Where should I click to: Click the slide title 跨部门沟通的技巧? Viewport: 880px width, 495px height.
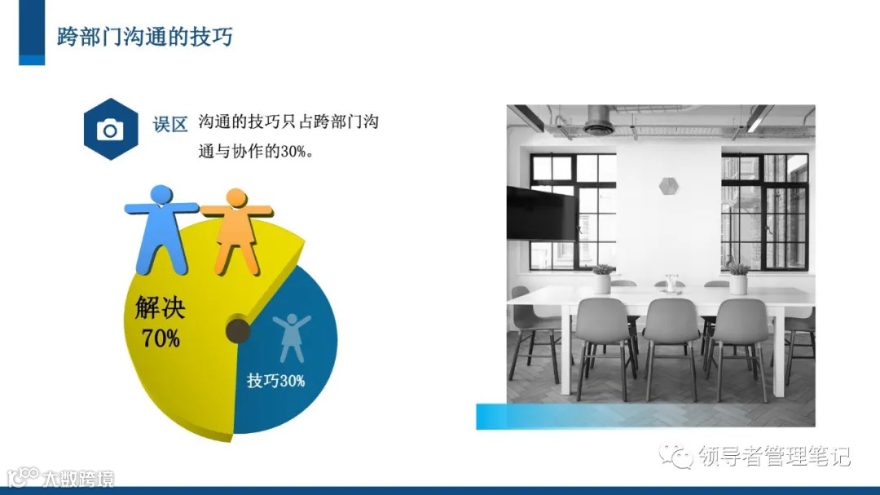(x=144, y=38)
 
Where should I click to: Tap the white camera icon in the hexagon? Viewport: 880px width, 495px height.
(x=110, y=130)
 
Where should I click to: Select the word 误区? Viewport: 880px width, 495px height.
(x=170, y=125)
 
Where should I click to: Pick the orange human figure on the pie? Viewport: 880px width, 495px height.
(x=236, y=229)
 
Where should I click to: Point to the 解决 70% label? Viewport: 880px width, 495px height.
(x=161, y=321)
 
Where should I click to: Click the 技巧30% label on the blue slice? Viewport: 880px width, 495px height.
(x=275, y=380)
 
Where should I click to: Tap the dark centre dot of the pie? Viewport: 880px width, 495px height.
(x=237, y=330)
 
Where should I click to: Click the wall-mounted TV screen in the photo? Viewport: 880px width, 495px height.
(x=540, y=213)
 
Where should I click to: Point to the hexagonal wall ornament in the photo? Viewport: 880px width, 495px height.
(x=667, y=186)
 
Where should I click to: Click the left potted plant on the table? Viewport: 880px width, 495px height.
(x=602, y=278)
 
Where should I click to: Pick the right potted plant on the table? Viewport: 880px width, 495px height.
(x=737, y=277)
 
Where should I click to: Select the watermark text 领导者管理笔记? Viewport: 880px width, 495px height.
(x=773, y=456)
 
